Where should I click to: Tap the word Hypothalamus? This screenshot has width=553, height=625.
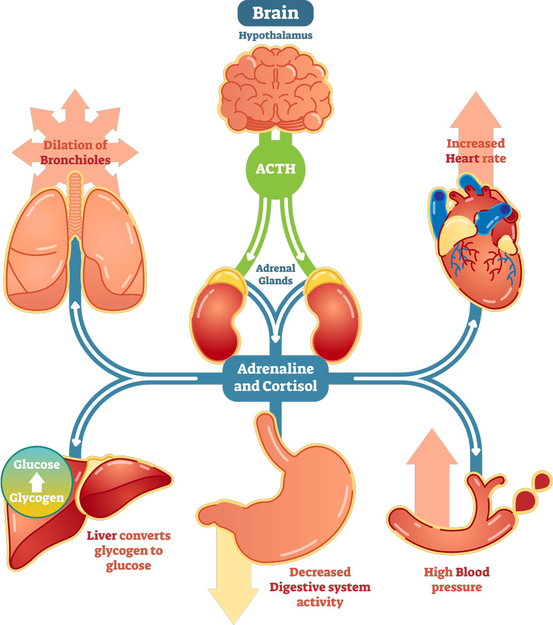click(275, 36)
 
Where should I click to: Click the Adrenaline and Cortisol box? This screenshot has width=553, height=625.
click(275, 378)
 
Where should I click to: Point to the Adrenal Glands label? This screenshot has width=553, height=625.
click(276, 274)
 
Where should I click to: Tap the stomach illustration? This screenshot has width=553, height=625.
click(289, 491)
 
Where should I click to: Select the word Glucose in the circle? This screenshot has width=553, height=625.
click(37, 465)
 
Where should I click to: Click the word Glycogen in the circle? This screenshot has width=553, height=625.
click(37, 498)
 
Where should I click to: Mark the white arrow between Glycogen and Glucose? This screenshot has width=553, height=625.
click(37, 481)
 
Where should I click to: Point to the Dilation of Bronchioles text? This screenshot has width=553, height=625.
click(76, 153)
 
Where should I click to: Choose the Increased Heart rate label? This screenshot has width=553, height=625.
click(475, 151)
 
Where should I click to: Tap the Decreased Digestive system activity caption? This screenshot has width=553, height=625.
click(320, 587)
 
